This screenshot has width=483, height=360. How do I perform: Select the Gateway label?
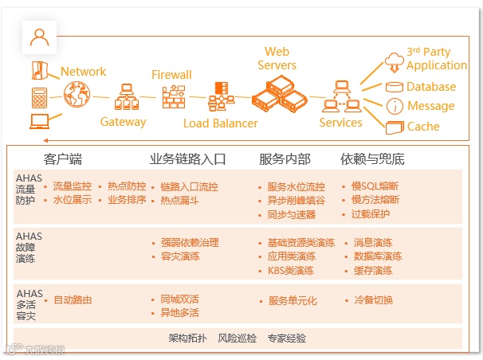point(123,122)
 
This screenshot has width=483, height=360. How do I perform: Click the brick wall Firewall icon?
point(173,97)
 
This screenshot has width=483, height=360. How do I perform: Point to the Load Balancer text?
point(221,123)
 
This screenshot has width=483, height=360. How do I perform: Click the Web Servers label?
point(277,58)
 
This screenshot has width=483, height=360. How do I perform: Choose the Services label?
point(340,123)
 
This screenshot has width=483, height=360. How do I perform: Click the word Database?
point(431,87)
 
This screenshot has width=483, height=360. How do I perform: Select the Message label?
point(430,106)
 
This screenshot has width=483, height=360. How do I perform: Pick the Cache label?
point(423,126)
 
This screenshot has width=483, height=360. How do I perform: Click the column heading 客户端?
point(63,158)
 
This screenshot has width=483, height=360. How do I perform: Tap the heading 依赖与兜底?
point(372,158)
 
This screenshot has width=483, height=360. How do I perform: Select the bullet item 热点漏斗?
point(179,201)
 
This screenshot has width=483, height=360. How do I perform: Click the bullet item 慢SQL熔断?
point(375,187)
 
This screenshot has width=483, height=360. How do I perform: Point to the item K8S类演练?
point(291,271)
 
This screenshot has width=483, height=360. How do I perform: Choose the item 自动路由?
point(73,300)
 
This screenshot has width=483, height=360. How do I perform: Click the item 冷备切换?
point(374,300)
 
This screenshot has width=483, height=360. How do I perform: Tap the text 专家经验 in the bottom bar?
point(287,338)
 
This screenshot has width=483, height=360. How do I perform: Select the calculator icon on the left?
point(38,97)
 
